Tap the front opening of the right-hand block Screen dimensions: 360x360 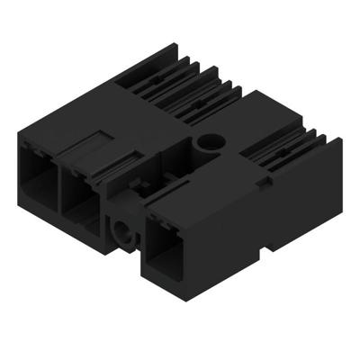pyautogui.click(x=168, y=248)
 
